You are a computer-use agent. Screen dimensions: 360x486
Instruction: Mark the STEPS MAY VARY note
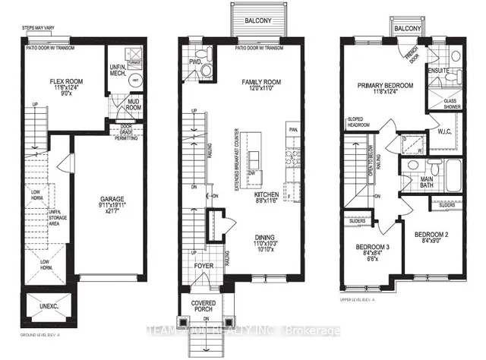(43, 30)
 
